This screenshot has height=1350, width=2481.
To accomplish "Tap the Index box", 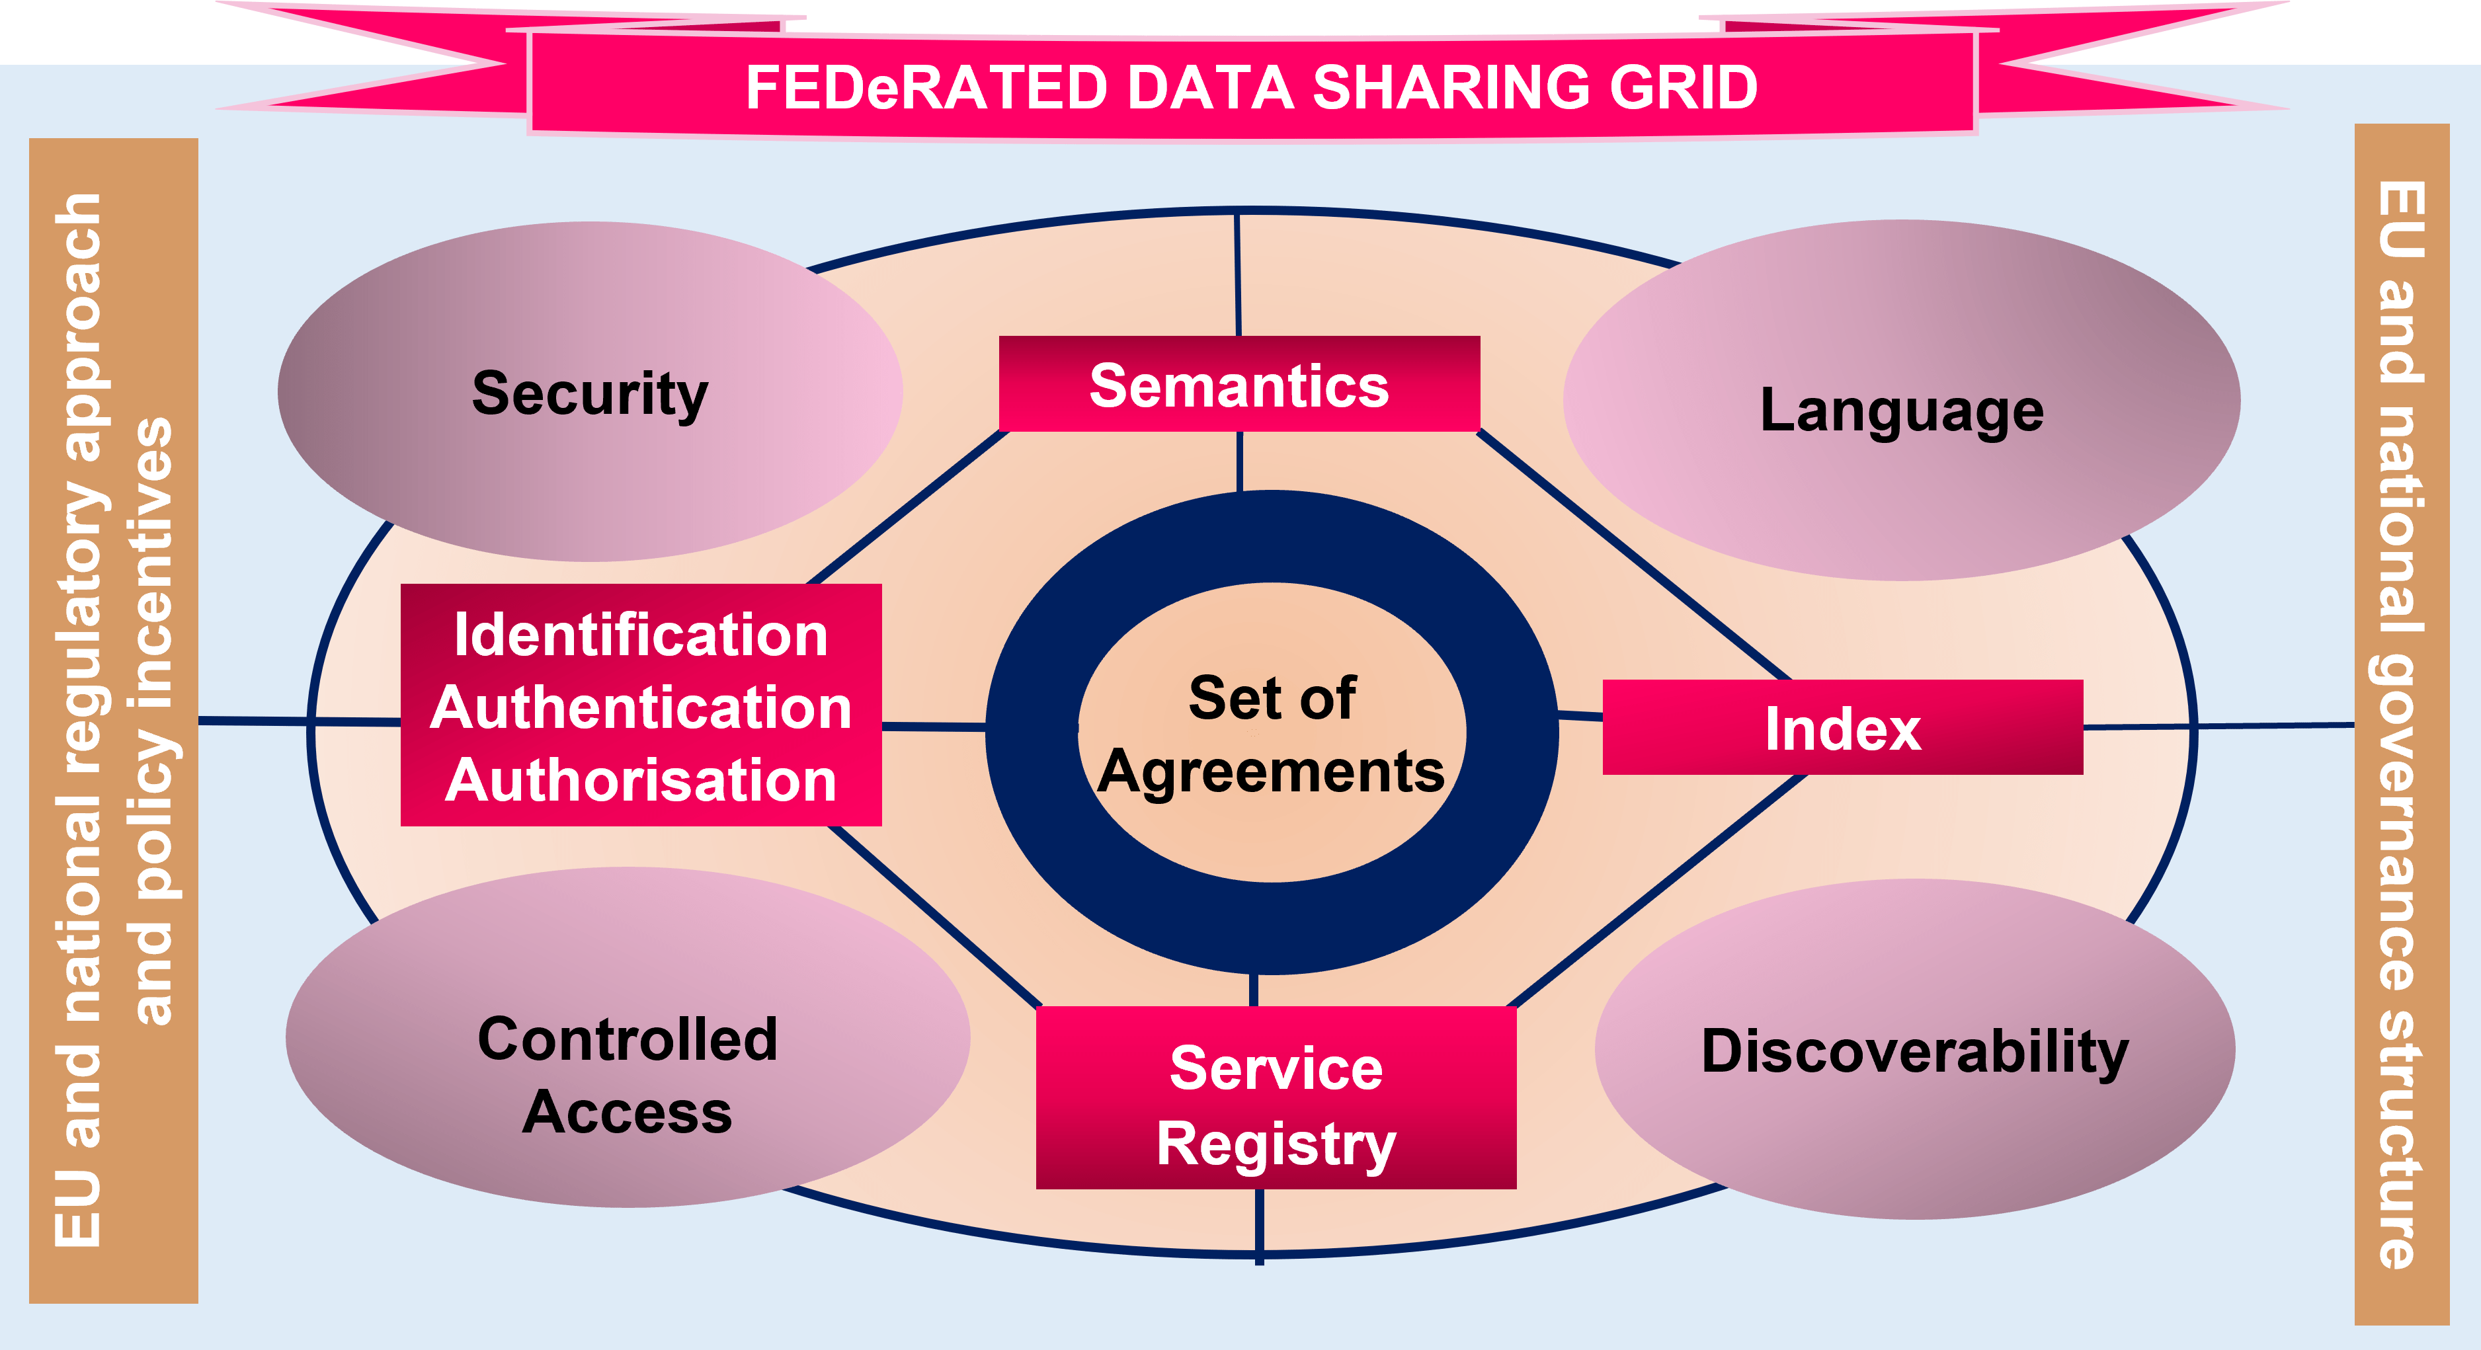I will coord(1842,728).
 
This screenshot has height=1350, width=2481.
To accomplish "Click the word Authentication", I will coord(641,708).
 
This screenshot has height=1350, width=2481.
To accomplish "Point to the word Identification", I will coord(641,635).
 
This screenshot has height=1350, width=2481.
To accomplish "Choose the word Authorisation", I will coord(641,780).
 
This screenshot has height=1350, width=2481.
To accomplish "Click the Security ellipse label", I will coord(589,393).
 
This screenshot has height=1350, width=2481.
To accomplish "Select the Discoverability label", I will coord(1915,1051).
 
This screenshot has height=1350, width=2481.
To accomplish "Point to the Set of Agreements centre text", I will coord(1272,734).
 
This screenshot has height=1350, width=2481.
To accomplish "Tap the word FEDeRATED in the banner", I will coord(926,88).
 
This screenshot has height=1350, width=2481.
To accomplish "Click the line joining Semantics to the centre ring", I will coord(1240,461).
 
